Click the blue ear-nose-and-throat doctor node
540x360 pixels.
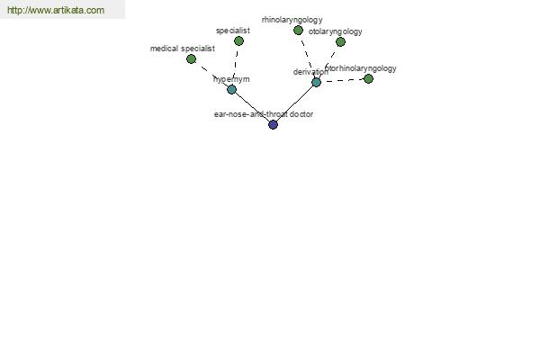(x=273, y=124)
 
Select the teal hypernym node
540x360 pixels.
(x=232, y=90)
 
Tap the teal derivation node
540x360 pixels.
(x=316, y=82)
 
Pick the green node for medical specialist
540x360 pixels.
(x=191, y=58)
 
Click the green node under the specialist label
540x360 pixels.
(x=238, y=41)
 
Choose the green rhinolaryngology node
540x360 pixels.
(x=298, y=31)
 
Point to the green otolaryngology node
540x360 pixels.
(x=340, y=41)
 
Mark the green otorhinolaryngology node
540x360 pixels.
(x=368, y=79)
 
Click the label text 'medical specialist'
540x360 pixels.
(x=183, y=49)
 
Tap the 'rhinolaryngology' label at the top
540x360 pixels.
(x=292, y=20)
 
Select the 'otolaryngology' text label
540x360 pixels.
(x=335, y=31)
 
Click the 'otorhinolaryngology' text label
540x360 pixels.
(x=361, y=68)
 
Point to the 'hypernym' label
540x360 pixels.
(x=231, y=79)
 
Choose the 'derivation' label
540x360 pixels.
(x=310, y=72)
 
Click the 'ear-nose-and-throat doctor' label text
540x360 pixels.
(x=264, y=114)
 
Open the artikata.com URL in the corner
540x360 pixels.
(x=56, y=10)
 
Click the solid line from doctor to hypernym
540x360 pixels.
(x=252, y=107)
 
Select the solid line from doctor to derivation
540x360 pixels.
(x=294, y=103)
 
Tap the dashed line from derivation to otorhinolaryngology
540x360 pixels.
(x=342, y=81)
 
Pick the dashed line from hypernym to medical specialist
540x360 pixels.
(x=211, y=75)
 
